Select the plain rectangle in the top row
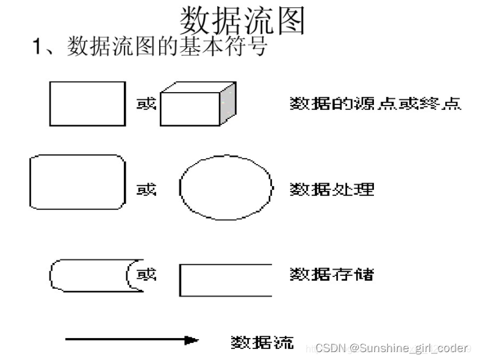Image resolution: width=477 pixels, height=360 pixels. pyautogui.click(x=87, y=103)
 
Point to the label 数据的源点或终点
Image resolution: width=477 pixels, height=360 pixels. pyautogui.click(x=375, y=104)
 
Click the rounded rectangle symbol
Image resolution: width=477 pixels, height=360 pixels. pyautogui.click(x=77, y=182)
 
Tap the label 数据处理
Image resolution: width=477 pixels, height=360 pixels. pyautogui.click(x=331, y=189)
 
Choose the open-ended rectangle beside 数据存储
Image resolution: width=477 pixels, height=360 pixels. pyautogui.click(x=225, y=280)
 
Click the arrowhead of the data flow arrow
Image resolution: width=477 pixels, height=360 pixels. pyautogui.click(x=193, y=340)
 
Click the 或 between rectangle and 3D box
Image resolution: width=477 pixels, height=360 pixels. pyautogui.click(x=146, y=104)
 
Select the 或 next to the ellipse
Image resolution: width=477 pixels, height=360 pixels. pyautogui.click(x=146, y=189)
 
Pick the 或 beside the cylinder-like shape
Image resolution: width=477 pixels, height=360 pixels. pyautogui.click(x=146, y=275)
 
